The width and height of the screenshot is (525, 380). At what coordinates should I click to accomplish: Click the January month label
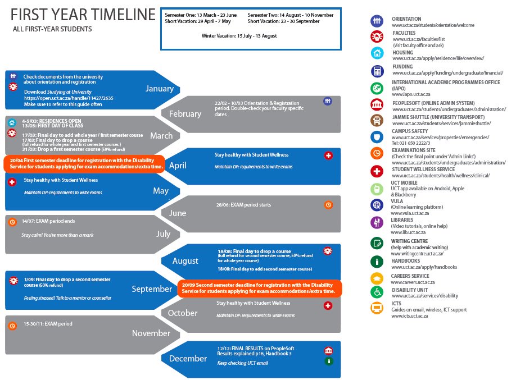(x=160, y=89)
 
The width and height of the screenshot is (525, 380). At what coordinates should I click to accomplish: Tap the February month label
(x=185, y=114)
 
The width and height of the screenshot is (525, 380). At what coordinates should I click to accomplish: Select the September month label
(x=152, y=289)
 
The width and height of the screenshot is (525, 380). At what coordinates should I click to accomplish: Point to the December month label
(x=188, y=359)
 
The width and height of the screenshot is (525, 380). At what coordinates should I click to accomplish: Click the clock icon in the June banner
(x=328, y=205)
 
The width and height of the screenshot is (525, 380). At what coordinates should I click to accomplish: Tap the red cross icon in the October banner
(x=328, y=305)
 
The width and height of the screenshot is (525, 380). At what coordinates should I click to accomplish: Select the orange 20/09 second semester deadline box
(x=260, y=288)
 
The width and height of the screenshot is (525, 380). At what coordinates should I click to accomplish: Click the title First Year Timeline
(x=83, y=15)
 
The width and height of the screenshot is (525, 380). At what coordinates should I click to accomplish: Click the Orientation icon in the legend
(x=377, y=21)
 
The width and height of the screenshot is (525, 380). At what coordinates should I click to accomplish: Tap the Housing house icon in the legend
(x=377, y=53)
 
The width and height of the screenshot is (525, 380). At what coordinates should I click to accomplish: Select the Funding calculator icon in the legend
(x=377, y=71)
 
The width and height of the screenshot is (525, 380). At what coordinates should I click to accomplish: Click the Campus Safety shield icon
(x=377, y=137)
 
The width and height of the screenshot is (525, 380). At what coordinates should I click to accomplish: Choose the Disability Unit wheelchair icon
(x=377, y=292)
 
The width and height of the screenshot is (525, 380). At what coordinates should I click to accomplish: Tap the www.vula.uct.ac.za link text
(x=410, y=213)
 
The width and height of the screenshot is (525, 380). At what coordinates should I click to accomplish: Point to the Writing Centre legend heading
(x=413, y=242)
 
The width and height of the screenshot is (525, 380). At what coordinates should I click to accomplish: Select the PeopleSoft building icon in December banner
(x=328, y=351)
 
